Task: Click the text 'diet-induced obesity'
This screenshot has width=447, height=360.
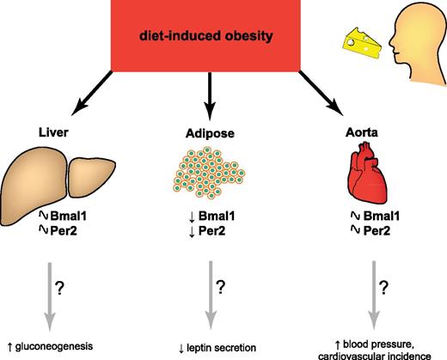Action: click(206, 36)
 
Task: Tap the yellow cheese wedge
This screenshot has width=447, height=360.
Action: click(362, 44)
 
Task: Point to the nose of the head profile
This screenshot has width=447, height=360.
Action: click(391, 42)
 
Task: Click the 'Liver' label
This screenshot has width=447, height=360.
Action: click(53, 132)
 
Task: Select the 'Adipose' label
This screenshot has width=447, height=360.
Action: click(210, 133)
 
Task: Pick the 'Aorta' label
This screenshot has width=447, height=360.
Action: click(362, 132)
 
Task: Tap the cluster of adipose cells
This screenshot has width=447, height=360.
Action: click(209, 173)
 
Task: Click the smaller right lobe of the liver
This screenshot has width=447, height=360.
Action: click(91, 177)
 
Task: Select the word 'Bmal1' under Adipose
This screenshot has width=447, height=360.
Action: click(217, 216)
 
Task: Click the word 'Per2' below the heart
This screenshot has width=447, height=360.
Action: click(377, 231)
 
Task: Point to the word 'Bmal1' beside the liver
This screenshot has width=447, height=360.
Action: click(69, 216)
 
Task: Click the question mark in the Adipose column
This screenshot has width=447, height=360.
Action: click(221, 287)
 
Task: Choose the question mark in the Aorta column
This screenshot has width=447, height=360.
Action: click(384, 288)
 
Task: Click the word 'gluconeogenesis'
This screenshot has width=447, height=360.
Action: click(54, 346)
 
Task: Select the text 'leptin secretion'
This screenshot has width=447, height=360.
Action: click(221, 348)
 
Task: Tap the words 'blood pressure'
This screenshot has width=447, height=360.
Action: click(378, 345)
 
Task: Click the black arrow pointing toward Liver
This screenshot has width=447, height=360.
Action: click(92, 93)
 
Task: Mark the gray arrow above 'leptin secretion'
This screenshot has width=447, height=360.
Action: click(211, 296)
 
